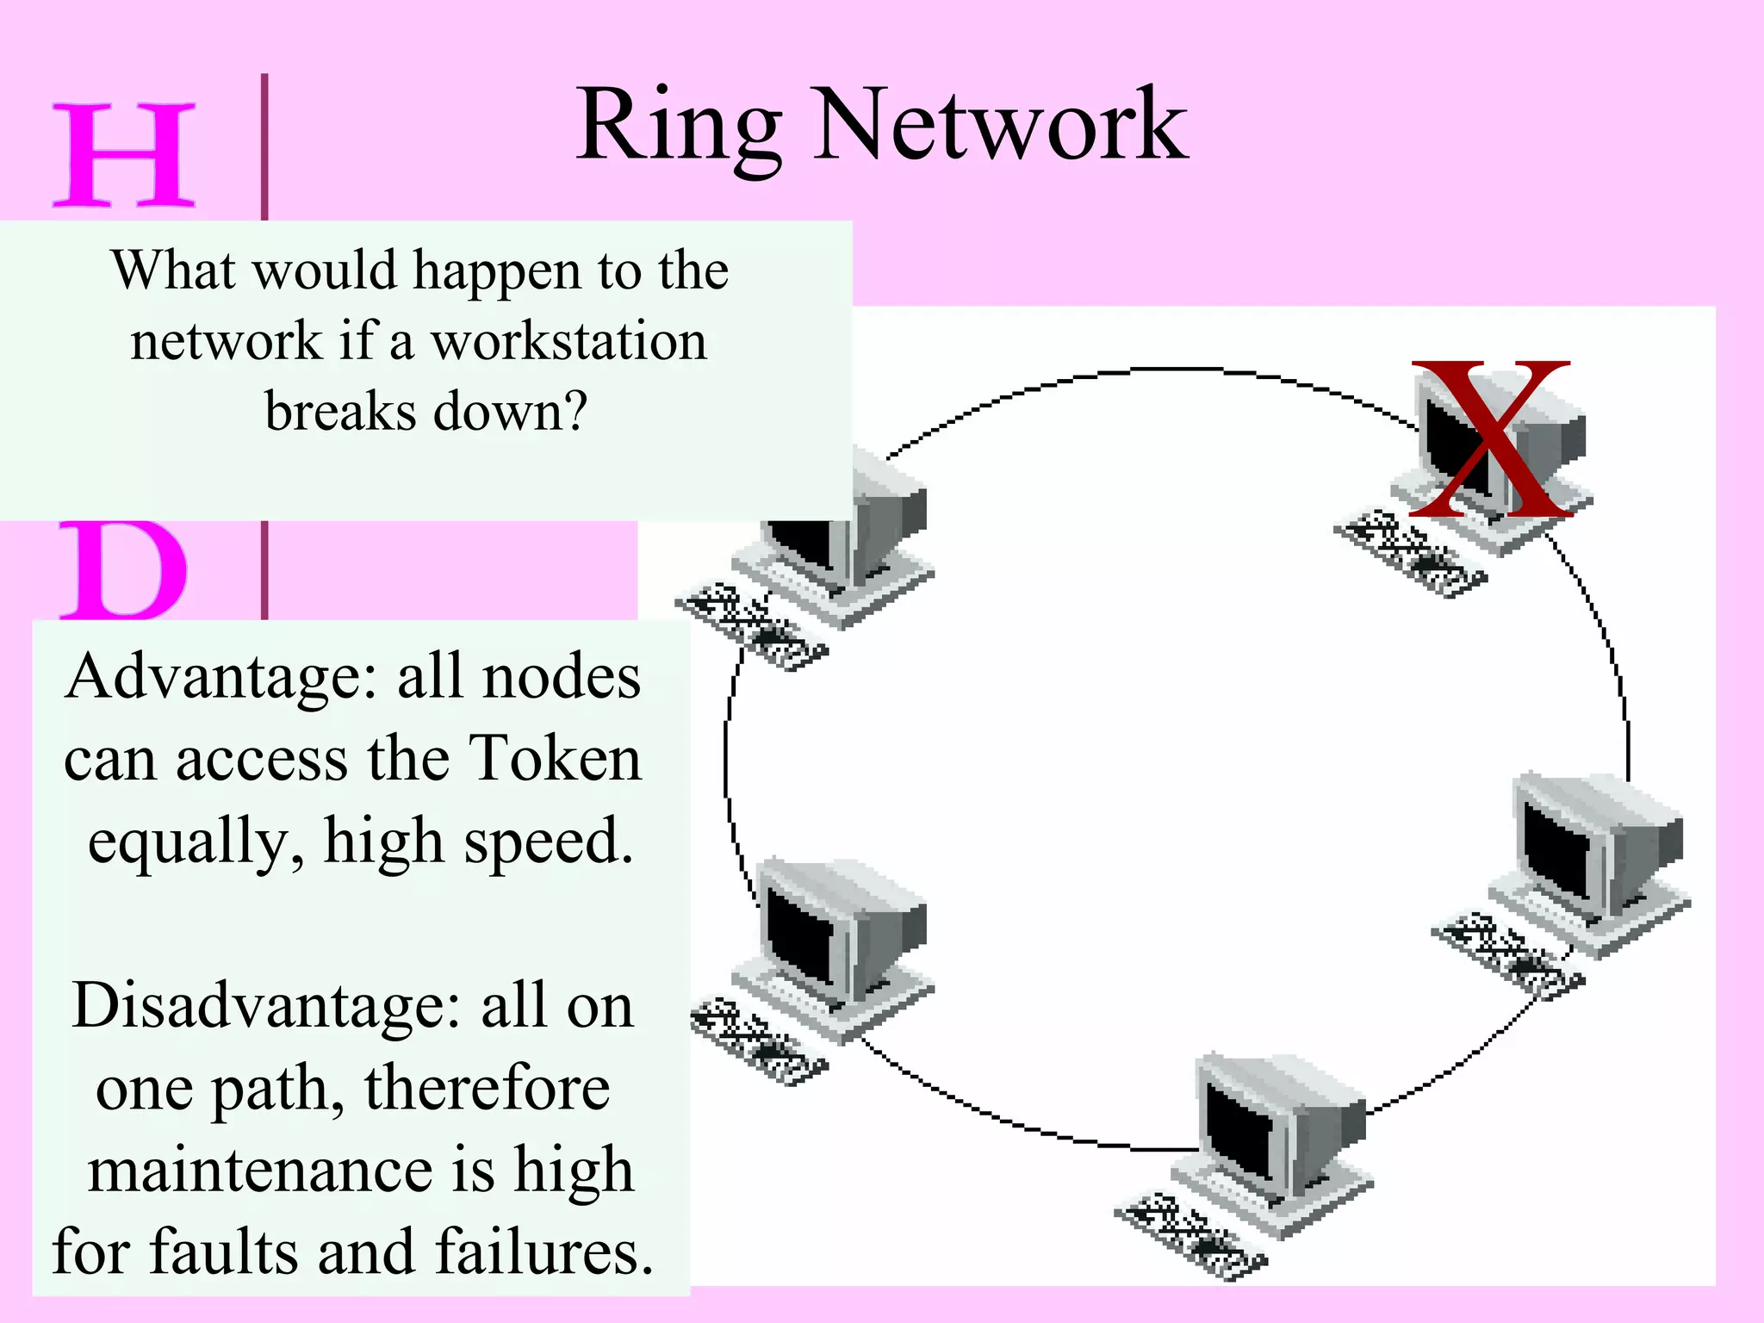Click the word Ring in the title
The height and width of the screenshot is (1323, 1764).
pos(680,127)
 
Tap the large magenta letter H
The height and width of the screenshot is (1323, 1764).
pos(124,155)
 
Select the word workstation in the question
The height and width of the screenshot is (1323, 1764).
pos(569,341)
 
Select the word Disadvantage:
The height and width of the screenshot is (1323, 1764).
pos(266,1005)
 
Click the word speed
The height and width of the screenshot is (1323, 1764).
pos(548,841)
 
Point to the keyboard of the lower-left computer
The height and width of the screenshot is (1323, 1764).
pos(759,1041)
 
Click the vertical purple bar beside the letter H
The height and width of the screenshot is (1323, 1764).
pos(264,146)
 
